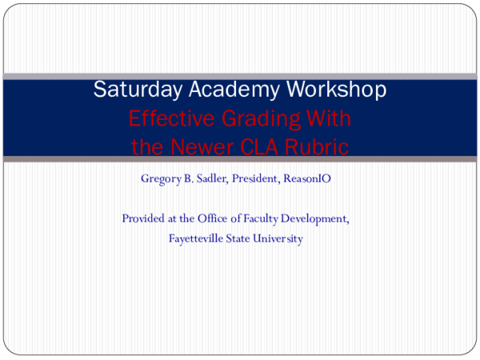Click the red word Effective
166,119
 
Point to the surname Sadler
213,178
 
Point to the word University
279,238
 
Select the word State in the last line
241,238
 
